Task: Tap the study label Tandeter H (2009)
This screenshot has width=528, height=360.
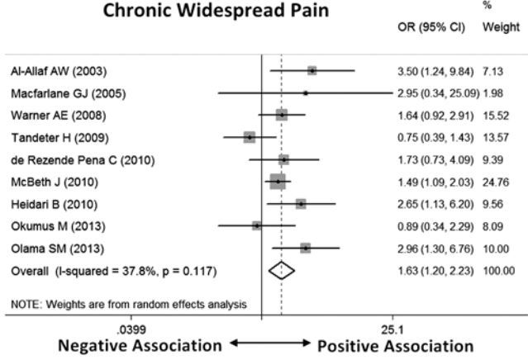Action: pos(55,137)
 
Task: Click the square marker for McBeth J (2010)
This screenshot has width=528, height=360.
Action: pos(278,181)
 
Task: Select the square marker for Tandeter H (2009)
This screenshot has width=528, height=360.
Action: pos(250,137)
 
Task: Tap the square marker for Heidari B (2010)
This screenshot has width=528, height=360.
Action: pos(301,203)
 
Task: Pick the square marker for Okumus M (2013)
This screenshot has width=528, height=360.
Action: pos(256,225)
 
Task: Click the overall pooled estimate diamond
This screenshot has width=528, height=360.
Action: pos(281,269)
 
